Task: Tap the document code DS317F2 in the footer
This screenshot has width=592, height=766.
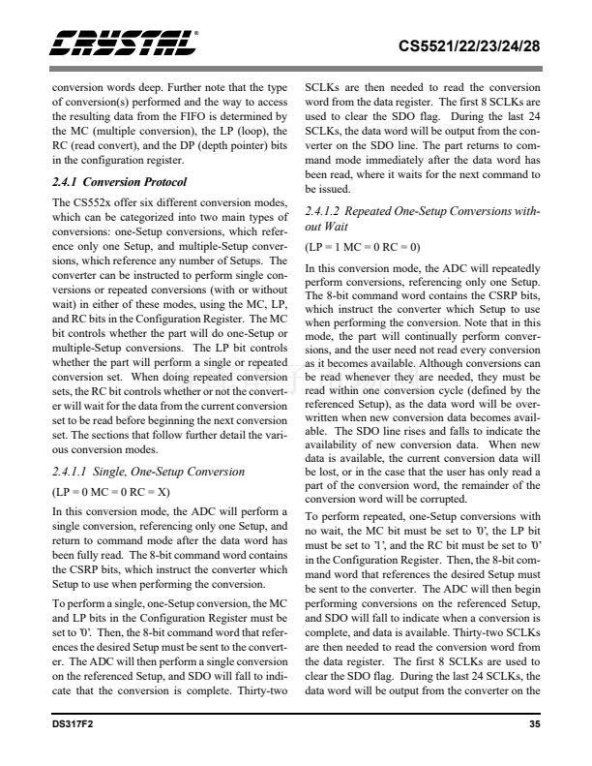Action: click(74, 723)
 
